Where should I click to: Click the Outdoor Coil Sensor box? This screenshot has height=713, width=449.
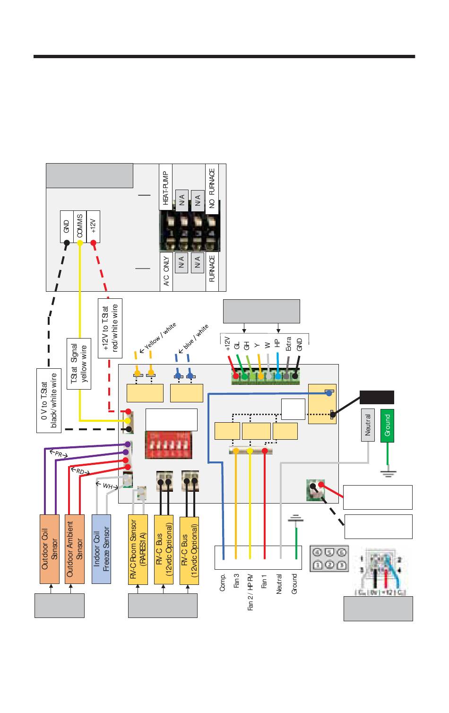pyautogui.click(x=50, y=548)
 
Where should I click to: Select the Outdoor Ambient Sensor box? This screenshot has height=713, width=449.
pyautogui.click(x=75, y=548)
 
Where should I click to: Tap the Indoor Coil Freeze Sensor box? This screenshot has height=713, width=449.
pyautogui.click(x=101, y=548)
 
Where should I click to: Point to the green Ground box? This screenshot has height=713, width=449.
pyautogui.click(x=387, y=426)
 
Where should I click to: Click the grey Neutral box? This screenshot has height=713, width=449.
pyautogui.click(x=368, y=425)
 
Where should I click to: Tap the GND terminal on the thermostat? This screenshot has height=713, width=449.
pyautogui.click(x=67, y=226)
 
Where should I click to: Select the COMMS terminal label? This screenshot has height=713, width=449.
pyautogui.click(x=80, y=226)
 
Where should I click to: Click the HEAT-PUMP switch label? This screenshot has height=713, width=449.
pyautogui.click(x=165, y=188)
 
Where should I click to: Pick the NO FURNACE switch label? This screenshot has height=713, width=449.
pyautogui.click(x=212, y=189)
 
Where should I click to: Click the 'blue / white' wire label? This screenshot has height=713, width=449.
pyautogui.click(x=196, y=337)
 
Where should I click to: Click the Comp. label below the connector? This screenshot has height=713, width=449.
pyautogui.click(x=223, y=582)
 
